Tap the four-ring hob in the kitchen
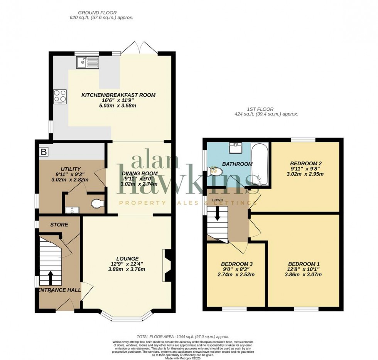(x=60, y=96)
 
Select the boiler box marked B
(x=44, y=152)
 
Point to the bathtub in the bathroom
(x=260, y=164)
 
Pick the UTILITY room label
(x=71, y=169)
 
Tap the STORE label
(x=59, y=225)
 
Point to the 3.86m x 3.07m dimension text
(x=304, y=274)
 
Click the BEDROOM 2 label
(x=306, y=163)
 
